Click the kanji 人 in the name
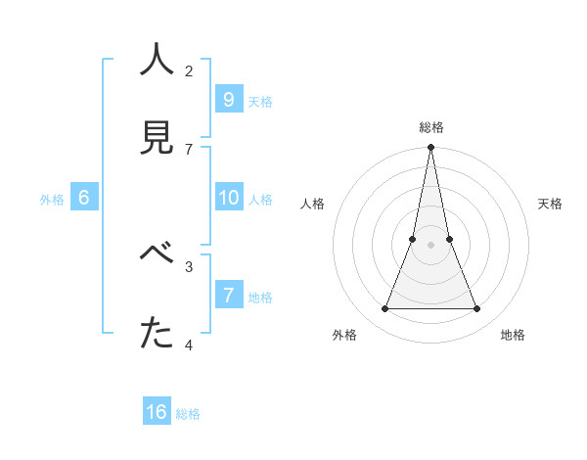tap(158, 60)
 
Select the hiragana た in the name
tap(158, 334)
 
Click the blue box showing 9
tap(228, 99)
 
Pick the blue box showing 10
tap(228, 198)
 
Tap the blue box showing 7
tap(228, 296)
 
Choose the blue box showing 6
tap(84, 198)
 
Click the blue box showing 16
tap(157, 412)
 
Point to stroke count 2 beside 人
tap(189, 70)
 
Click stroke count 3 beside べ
tap(189, 266)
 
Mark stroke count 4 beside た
tap(189, 345)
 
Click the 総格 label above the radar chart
tap(431, 127)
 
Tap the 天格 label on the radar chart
tap(550, 204)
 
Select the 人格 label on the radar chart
tap(312, 204)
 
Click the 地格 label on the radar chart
tap(513, 335)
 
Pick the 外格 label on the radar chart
tap(344, 335)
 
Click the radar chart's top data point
tap(430, 148)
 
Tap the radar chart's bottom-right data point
tap(477, 309)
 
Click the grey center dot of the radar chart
tap(430, 245)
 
